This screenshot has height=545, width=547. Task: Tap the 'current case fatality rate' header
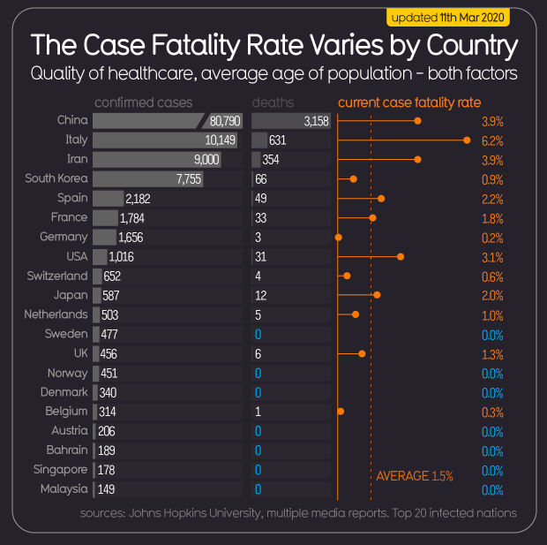pos(409,102)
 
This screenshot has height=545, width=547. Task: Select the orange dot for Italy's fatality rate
pos(467,140)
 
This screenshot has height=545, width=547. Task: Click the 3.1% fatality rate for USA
pos(492,257)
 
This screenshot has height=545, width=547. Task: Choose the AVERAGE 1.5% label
pos(415,476)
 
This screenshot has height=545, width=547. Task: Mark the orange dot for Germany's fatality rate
pos(338,237)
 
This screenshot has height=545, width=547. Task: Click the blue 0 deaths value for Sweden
pos(258,334)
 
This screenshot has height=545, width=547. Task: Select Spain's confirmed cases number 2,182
pos(139,198)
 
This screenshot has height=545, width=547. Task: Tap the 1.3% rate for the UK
pos(492,354)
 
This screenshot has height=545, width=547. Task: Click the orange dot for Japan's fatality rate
pos(377,295)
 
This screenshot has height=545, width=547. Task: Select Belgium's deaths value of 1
pos(257,412)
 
